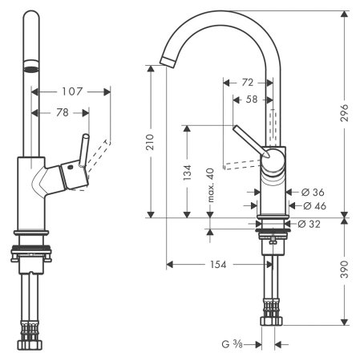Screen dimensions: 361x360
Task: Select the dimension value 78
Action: click(62, 113)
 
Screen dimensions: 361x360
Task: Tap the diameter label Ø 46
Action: click(311, 206)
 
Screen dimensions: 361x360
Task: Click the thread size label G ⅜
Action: click(234, 344)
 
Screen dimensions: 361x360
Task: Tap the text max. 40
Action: click(210, 185)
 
